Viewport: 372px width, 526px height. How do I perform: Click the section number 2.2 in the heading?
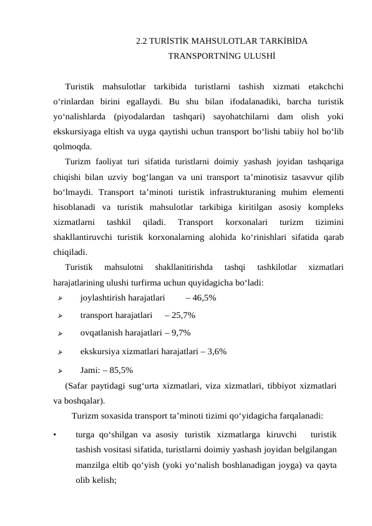[x=141, y=42]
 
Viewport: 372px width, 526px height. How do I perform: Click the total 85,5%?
[x=120, y=369]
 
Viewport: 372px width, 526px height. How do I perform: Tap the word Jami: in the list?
[x=91, y=369]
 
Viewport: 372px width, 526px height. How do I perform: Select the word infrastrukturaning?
[x=244, y=192]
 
